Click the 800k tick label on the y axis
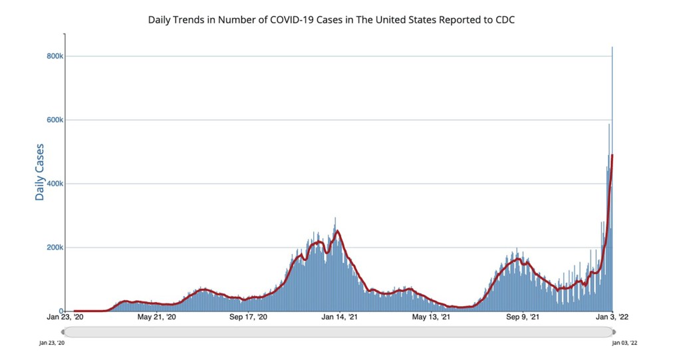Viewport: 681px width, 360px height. (55, 57)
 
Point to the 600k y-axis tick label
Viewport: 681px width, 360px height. (55, 120)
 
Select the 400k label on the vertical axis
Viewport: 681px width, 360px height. (55, 184)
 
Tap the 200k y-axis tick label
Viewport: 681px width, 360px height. (55, 248)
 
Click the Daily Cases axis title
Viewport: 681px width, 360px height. (40, 172)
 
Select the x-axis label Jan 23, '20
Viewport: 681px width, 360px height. (65, 318)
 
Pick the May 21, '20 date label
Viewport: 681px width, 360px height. (157, 318)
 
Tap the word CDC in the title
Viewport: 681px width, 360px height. (505, 20)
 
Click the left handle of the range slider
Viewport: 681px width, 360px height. (65, 331)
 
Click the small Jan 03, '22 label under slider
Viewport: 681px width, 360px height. (624, 343)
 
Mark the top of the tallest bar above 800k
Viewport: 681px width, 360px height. (612, 47)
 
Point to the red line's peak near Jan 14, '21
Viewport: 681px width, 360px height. (338, 231)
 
